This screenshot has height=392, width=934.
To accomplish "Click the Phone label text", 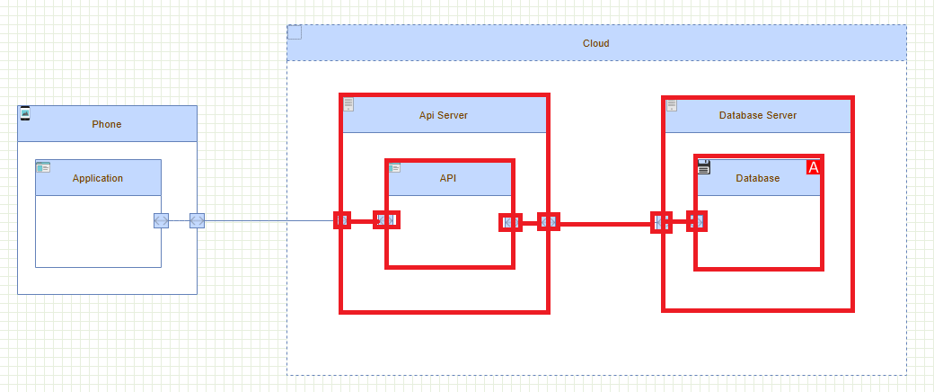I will coord(106,124).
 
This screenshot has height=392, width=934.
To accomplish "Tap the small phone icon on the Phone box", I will coord(25,112).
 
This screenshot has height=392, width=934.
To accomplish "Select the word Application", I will coord(98,178).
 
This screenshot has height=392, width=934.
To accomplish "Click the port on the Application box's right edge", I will coord(161,220).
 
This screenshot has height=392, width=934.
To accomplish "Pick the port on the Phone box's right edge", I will coord(197,220).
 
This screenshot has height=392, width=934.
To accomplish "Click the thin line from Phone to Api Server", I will coord(269,220).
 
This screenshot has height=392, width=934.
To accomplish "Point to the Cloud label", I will coord(595,43).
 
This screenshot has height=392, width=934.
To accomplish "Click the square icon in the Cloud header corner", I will coord(295,32).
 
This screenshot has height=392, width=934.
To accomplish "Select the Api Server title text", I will coord(443,115).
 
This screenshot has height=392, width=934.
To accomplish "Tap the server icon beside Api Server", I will coord(348,104).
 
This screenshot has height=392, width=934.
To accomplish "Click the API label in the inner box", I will coord(448,178).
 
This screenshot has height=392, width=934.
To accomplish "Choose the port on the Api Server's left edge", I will coord(342,220).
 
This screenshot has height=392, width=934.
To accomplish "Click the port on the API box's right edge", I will coord(510,222).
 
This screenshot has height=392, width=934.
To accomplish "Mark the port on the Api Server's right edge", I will coord(549,221).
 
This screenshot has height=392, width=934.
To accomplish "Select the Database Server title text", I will coord(757,115).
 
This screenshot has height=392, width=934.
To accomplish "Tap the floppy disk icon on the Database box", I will coord(704,166).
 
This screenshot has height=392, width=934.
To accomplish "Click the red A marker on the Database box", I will coord(814,167).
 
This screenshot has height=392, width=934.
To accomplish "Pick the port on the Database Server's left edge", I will coord(662,222).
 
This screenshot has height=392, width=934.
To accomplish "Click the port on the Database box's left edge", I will coord(697,221).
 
